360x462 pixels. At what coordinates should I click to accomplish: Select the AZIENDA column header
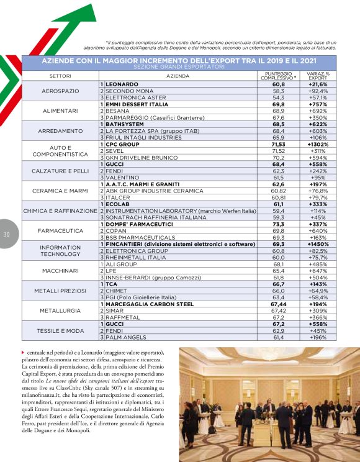click(178, 76)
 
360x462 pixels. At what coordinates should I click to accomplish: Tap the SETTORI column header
click(60, 76)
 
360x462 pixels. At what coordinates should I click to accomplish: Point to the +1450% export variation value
click(318, 244)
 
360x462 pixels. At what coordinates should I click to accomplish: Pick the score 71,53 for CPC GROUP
click(278, 144)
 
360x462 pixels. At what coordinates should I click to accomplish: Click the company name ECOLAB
click(118, 204)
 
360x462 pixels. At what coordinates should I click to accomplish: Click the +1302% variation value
click(318, 144)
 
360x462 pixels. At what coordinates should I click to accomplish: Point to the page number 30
click(6, 234)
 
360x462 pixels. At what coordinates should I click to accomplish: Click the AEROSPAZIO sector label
click(60, 91)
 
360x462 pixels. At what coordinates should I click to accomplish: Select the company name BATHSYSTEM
click(124, 124)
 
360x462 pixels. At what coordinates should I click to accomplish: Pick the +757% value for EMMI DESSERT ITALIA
click(318, 104)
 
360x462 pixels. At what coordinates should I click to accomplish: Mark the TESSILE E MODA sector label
click(60, 331)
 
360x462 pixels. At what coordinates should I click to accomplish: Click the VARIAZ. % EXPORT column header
click(318, 76)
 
